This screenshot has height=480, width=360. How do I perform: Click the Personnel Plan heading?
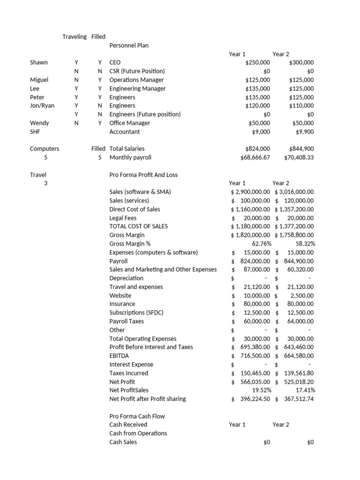tap(129, 45)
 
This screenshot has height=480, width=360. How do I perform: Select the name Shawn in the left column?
tap(39, 62)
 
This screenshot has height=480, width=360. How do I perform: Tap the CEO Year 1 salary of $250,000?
tap(257, 62)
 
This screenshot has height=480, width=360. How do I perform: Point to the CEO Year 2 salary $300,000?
tap(301, 62)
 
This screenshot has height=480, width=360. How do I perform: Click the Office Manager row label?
tap(130, 123)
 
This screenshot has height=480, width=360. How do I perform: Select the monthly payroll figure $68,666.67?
tap(255, 157)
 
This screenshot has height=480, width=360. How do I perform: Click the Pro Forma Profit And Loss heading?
tap(143, 175)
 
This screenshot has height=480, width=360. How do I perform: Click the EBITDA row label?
tap(119, 356)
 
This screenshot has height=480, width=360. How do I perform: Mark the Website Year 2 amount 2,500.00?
tap(302, 295)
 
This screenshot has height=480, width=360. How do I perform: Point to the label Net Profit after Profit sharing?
tap(148, 399)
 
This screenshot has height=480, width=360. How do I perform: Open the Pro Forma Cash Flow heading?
tap(137, 416)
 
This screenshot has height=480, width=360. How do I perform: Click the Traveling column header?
tap(75, 37)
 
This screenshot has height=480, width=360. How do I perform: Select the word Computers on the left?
tap(45, 149)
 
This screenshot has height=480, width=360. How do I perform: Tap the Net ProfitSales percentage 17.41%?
tap(305, 390)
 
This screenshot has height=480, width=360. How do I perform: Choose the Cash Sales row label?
tap(123, 442)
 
